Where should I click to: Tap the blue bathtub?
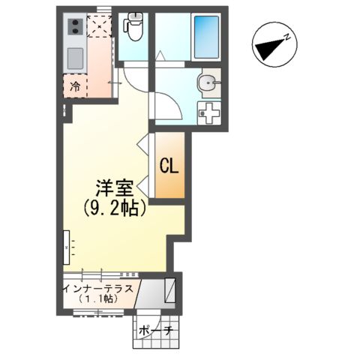pos(205,35)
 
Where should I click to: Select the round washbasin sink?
pos(207,83)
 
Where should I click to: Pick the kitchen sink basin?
pos(76,58)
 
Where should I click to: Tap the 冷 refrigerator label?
pos(76,86)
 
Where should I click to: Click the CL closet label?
pos(168,166)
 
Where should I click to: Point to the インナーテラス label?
pos(98,287)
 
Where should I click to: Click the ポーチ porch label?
pos(160,330)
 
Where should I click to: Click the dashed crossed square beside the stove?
pos(98,27)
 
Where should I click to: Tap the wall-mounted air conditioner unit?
pos(67,244)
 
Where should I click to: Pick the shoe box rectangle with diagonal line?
pos(170,289)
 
